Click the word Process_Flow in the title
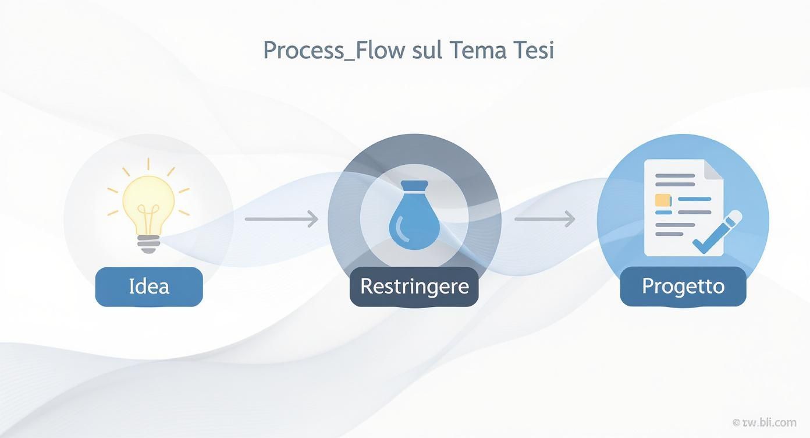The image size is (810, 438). click(x=333, y=51)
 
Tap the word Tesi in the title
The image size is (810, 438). click(x=532, y=50)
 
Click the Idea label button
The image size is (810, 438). click(x=149, y=287)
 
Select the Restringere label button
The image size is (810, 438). click(x=414, y=287)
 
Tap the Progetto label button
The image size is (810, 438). click(x=683, y=287)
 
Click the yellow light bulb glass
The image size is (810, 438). click(x=148, y=198)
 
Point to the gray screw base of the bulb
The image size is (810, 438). click(x=148, y=243)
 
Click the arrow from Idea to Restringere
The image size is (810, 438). click(x=282, y=220)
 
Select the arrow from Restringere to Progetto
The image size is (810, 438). click(x=545, y=220)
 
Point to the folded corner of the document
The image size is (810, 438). click(x=714, y=169)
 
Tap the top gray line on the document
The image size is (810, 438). click(x=675, y=175)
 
